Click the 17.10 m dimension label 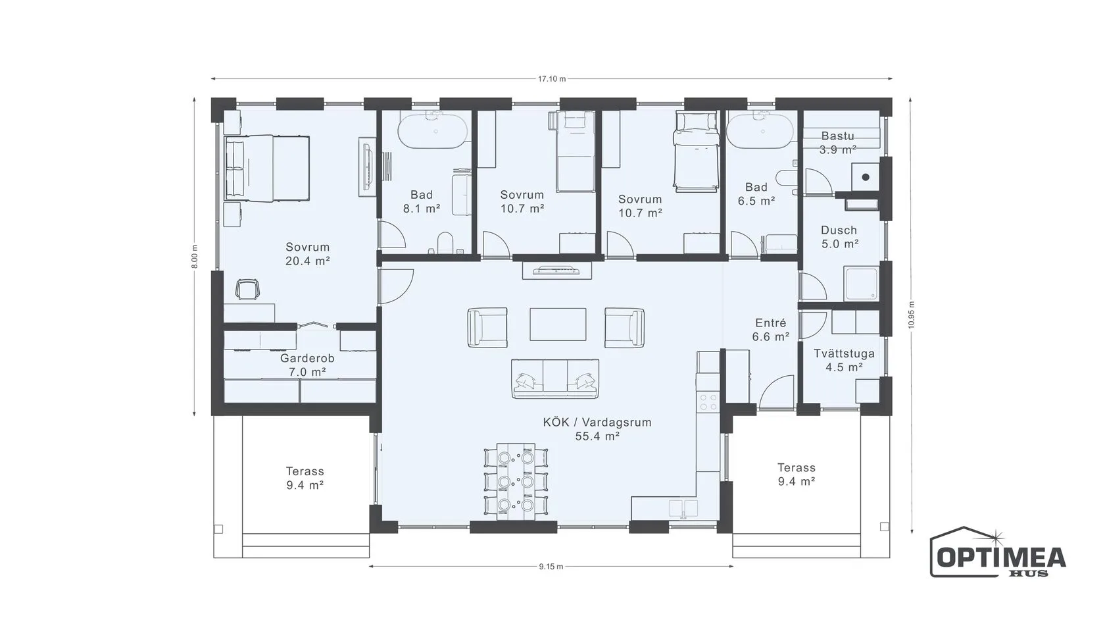coord(552,78)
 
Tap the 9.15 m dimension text coord(551,567)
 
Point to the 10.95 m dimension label coord(911,315)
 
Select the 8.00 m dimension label coord(195,257)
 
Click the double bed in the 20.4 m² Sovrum coord(267,168)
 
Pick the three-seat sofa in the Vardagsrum coord(555,378)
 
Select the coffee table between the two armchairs coord(558,324)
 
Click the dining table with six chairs coord(516,481)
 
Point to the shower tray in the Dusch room coord(861,283)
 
